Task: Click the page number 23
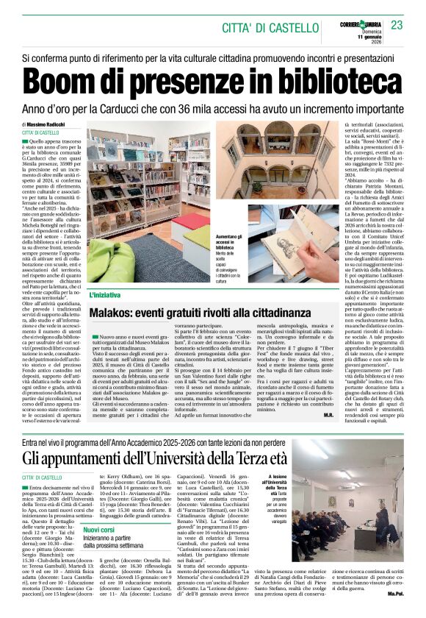pyautogui.click(x=397, y=26)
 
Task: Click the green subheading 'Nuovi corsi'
pyautogui.click(x=98, y=529)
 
